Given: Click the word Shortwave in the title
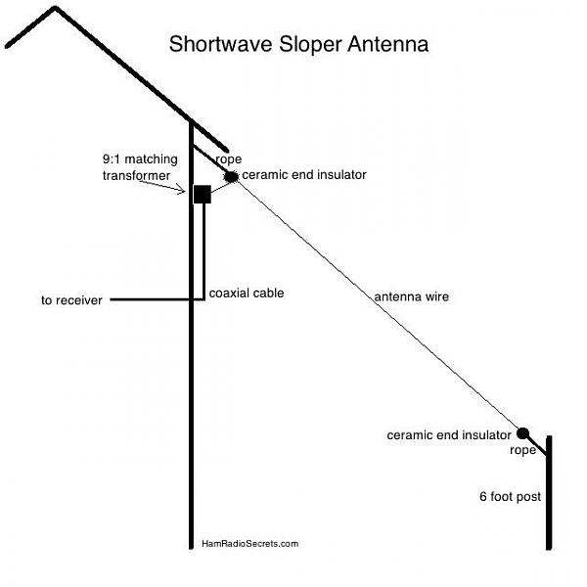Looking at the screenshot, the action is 221,44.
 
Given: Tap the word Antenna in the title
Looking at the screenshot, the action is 387,44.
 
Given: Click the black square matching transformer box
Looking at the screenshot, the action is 203,195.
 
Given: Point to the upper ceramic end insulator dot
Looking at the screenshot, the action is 231,177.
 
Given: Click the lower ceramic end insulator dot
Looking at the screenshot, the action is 522,433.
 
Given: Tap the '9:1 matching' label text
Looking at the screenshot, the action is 140,159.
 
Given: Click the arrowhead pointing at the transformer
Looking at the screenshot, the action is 182,190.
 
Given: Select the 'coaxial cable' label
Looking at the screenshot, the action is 247,293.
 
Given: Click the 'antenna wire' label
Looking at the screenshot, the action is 412,296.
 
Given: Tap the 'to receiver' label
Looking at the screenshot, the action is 71,300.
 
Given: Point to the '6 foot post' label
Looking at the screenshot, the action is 511,497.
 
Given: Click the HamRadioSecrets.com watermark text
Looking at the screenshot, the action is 250,544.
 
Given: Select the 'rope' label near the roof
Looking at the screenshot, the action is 229,159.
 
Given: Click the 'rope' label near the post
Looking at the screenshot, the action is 522,450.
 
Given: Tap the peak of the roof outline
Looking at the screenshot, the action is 56,8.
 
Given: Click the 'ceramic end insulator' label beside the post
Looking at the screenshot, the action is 449,435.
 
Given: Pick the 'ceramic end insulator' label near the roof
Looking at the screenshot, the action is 304,175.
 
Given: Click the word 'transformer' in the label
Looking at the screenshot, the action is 136,175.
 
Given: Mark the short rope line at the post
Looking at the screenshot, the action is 536,445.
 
